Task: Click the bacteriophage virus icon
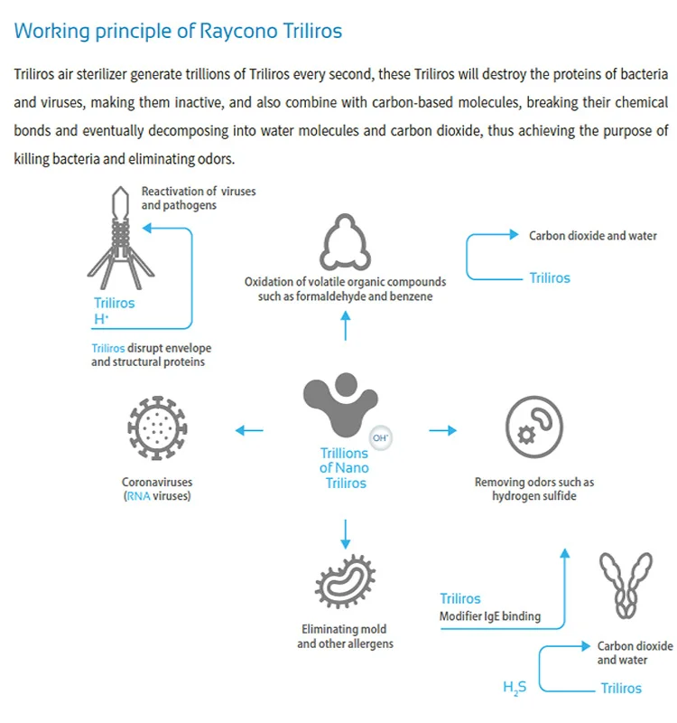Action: coord(118,235)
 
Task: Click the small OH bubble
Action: coord(381,437)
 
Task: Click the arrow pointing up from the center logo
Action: coord(345,324)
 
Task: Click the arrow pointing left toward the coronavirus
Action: coord(249,430)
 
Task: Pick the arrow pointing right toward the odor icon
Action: coord(442,430)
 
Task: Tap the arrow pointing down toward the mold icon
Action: coord(345,533)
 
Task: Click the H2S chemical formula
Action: coord(515,688)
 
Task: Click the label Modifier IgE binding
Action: coord(490,616)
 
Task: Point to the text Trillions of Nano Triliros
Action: coord(344,468)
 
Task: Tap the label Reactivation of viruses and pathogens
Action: coord(186,198)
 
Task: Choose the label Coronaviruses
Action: coord(157,483)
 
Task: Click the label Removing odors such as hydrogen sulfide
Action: coord(534,489)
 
